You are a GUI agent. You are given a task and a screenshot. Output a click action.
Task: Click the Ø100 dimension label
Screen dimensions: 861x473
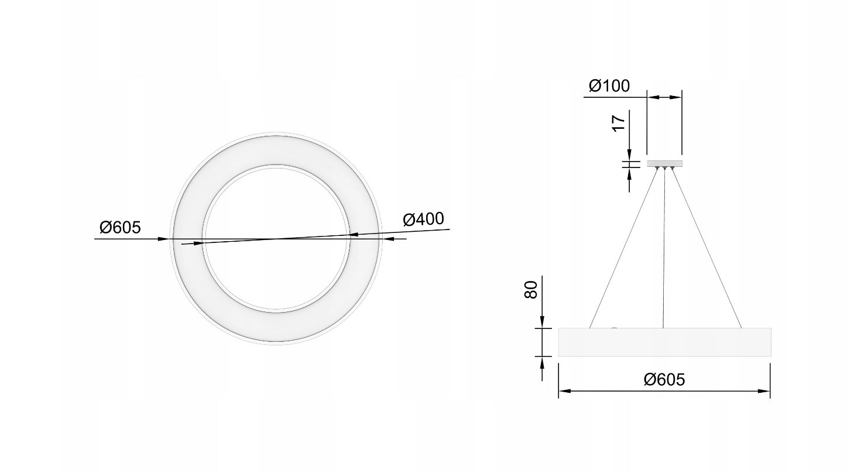609,85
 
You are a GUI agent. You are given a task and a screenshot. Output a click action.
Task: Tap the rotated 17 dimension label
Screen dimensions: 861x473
619,123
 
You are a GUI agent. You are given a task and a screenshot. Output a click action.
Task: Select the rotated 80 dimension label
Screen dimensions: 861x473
530,290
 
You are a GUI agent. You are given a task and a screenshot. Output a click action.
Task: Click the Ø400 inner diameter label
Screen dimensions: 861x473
423,219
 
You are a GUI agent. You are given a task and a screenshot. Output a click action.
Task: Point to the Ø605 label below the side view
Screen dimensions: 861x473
664,379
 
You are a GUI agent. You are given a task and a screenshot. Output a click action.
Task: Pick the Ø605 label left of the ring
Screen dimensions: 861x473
121,227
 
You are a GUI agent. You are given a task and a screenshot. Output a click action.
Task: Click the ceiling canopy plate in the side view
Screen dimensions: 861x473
664,163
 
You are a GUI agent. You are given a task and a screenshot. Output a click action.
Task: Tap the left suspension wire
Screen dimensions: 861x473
623,248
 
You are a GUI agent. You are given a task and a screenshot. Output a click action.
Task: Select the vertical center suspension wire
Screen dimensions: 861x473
664,248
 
